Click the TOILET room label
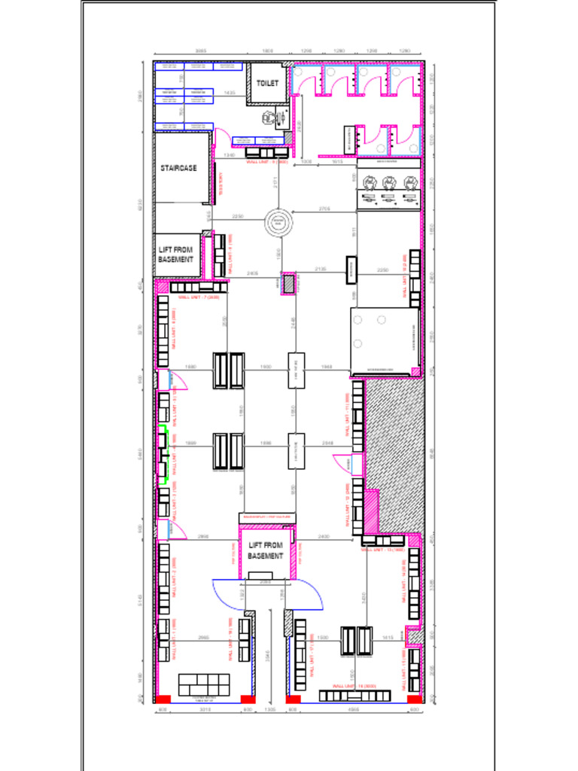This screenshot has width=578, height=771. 267,82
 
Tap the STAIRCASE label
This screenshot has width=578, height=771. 178,168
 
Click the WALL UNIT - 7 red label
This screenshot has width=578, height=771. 199,297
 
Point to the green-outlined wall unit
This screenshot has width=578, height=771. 162,455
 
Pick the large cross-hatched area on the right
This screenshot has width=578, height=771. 395,452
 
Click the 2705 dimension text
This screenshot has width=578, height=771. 324,209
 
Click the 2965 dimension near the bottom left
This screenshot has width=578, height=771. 203,638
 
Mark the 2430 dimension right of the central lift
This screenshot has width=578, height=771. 324,536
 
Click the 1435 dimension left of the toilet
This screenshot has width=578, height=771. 230,93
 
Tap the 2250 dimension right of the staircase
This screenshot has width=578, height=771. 238,216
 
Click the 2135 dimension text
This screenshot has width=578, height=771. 320,269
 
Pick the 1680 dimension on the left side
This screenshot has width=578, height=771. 190,367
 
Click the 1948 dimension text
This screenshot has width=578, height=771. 327,367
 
